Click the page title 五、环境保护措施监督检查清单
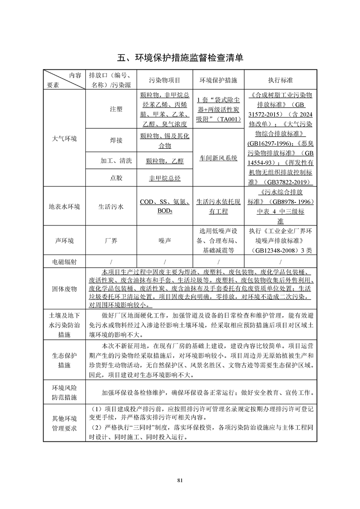click(180, 58)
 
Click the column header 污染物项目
click(165, 80)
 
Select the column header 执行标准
click(281, 80)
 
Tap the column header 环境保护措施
click(218, 80)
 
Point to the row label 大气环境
click(64, 139)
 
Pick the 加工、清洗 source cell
click(110, 161)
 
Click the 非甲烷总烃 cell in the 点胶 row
click(165, 178)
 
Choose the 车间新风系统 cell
click(218, 158)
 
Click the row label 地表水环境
click(64, 206)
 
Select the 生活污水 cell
click(111, 206)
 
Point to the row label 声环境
click(64, 241)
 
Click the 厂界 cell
click(111, 241)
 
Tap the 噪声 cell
click(165, 241)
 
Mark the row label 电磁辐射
click(64, 262)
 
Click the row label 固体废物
click(64, 289)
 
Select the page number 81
click(180, 480)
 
